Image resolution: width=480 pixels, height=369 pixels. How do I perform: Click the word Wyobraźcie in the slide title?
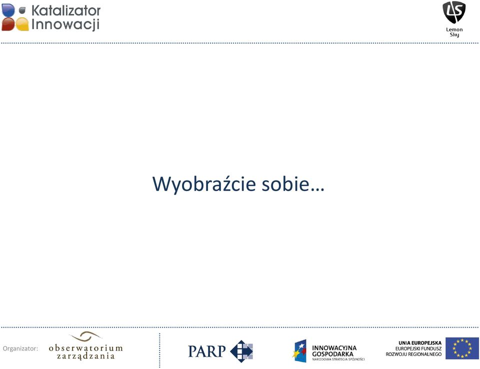[x=204, y=184]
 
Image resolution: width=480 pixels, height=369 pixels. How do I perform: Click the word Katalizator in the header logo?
[x=66, y=10]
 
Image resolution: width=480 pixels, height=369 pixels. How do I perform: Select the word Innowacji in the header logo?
[x=65, y=24]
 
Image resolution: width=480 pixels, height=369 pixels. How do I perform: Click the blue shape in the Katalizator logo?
[x=8, y=10]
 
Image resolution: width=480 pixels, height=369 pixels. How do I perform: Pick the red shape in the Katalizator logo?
[x=8, y=24]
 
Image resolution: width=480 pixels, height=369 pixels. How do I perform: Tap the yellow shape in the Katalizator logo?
[x=22, y=24]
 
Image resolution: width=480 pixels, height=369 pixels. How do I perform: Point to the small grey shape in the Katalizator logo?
[x=22, y=10]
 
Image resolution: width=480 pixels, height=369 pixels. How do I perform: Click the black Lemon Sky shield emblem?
[x=454, y=12]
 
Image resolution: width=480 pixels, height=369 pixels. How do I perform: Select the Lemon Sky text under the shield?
[x=454, y=32]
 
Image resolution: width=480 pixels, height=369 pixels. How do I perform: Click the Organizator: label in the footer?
[x=20, y=348]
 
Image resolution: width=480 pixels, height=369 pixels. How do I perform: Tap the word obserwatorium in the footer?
[x=85, y=348]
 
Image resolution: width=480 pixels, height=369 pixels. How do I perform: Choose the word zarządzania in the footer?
[x=85, y=356]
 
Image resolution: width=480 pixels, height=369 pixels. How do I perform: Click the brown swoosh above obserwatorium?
[x=85, y=336]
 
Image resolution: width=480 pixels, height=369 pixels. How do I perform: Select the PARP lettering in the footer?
[x=207, y=351]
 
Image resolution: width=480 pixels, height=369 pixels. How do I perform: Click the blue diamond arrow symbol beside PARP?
[x=241, y=351]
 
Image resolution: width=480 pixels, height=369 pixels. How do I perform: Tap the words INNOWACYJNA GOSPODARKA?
[x=334, y=351]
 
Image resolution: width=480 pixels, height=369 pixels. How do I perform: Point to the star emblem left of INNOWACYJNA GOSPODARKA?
[x=299, y=350]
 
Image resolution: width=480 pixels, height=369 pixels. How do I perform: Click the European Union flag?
[x=462, y=348]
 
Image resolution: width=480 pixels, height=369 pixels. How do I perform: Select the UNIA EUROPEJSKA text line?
[x=420, y=343]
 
